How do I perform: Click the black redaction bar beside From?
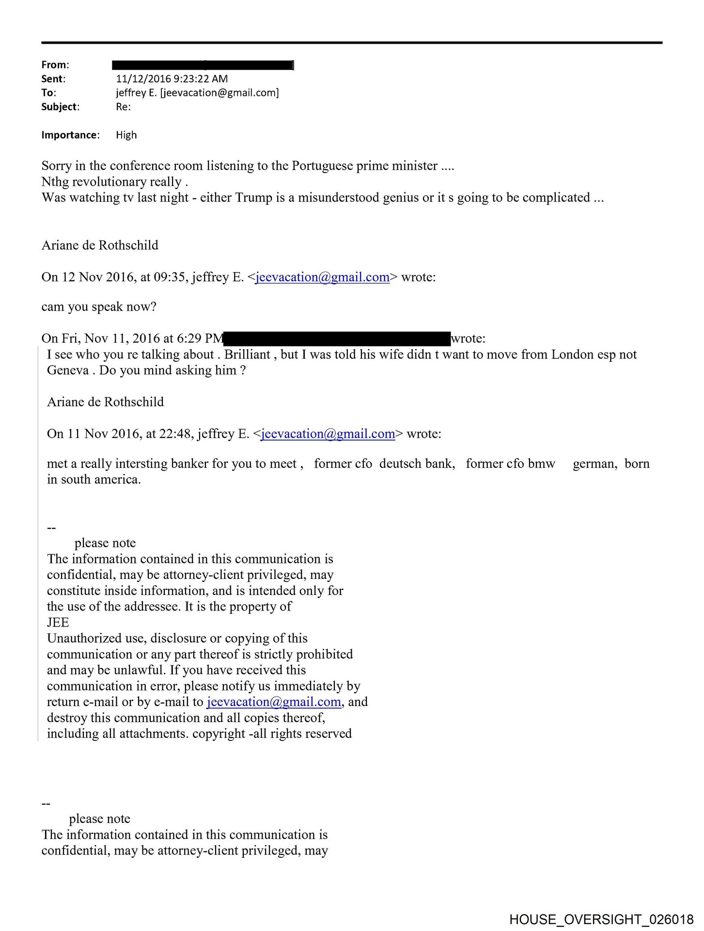[203, 65]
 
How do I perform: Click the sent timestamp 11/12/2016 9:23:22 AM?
[172, 79]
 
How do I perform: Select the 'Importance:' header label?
[70, 135]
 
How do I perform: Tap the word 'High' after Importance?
[126, 135]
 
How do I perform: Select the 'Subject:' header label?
[60, 107]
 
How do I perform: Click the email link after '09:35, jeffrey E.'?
[322, 277]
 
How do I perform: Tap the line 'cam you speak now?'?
[99, 307]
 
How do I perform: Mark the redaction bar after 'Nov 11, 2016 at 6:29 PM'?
[337, 338]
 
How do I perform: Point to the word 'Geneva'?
[68, 370]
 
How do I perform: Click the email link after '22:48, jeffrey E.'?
[328, 434]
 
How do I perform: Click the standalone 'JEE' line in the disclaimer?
[58, 623]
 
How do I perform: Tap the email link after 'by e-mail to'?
[274, 702]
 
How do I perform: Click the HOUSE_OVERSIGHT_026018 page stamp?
[601, 919]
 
